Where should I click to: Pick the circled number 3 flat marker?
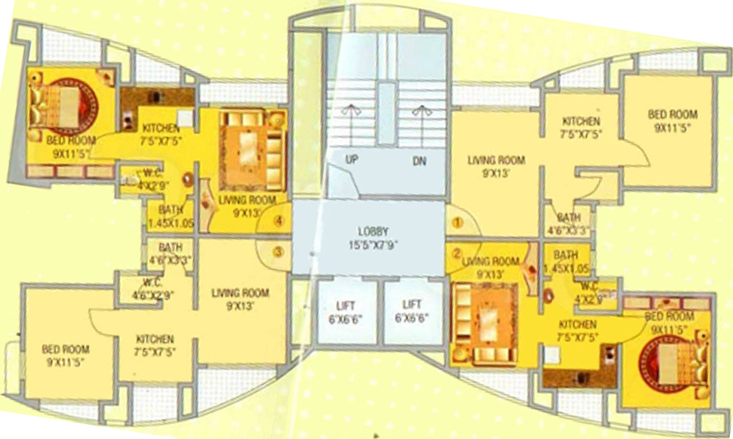[x=278, y=252]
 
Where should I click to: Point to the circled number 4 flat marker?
[x=279, y=221]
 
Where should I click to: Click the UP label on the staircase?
[x=351, y=158]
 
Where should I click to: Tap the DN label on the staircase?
[x=419, y=161]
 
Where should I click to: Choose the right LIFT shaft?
[x=411, y=311]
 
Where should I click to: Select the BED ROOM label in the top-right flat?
[x=673, y=114]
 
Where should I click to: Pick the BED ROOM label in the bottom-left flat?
[x=65, y=349]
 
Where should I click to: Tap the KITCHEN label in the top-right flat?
[x=581, y=121]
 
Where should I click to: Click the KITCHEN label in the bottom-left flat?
[x=154, y=339]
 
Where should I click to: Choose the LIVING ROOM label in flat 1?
[x=496, y=160]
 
